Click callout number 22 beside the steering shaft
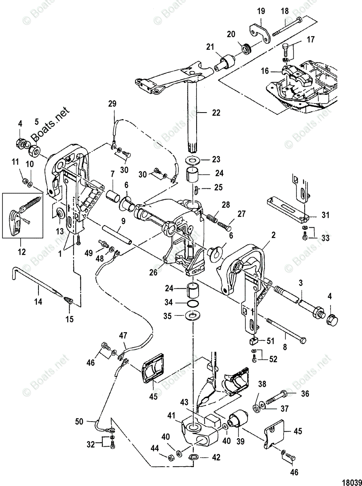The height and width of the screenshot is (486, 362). click(x=216, y=113)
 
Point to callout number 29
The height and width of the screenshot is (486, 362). click(x=112, y=104)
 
